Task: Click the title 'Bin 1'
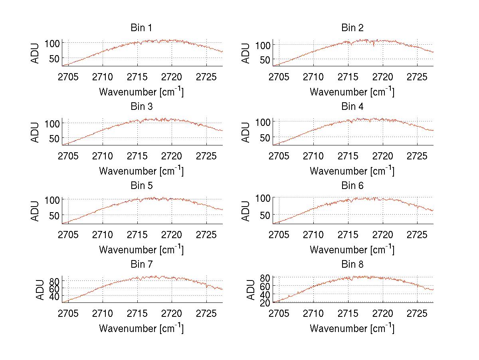pos(141,28)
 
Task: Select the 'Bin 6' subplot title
pos(352,186)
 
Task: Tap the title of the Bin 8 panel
pos(352,265)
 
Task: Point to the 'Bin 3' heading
pos(141,107)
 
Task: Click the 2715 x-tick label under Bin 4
pos(348,155)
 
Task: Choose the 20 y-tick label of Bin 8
pos(264,302)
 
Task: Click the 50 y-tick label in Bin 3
pos(54,138)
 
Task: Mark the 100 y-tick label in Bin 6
pos(261,198)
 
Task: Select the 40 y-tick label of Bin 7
pos(54,296)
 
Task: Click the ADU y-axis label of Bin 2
pos(246,53)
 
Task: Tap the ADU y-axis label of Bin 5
pos(36,211)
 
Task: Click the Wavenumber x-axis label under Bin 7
pos(141,328)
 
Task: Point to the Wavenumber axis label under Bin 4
pos(352,171)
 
